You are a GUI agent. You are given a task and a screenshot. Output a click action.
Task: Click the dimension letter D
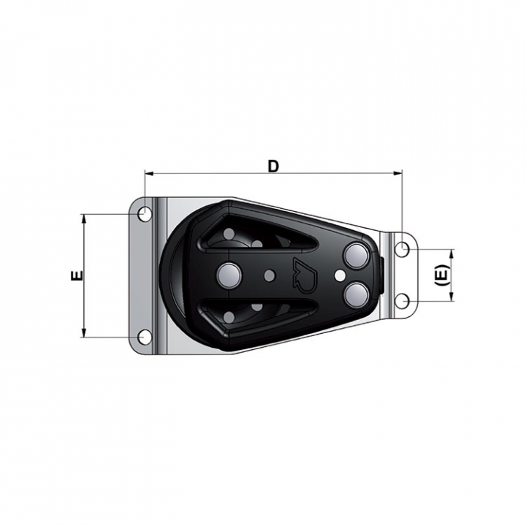[273, 167]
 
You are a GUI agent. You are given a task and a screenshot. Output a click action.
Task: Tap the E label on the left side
[77, 275]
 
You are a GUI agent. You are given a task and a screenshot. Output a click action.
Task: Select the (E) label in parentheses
[442, 275]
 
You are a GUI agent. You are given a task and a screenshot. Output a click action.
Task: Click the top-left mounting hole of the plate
[145, 213]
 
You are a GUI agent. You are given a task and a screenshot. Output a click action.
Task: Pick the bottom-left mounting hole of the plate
[145, 337]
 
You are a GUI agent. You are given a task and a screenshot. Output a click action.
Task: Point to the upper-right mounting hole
[402, 250]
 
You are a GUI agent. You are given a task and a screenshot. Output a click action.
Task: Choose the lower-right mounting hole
[402, 301]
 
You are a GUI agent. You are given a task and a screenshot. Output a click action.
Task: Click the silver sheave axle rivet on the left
[229, 275]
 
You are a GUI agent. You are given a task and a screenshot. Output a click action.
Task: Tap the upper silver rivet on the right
[357, 256]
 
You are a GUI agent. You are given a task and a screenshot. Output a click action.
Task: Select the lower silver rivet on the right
[357, 295]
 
